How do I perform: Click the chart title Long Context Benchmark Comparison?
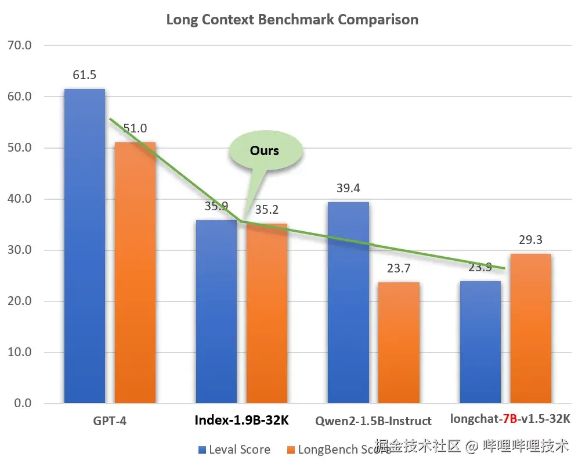tap(292, 19)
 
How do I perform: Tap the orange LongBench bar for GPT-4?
tap(135, 273)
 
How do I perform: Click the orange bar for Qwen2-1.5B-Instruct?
tap(399, 343)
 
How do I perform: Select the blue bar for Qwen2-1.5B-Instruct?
tap(348, 302)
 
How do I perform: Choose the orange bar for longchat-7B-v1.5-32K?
tap(531, 328)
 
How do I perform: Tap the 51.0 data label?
tap(135, 128)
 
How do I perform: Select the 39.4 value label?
tap(348, 188)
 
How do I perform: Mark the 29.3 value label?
tap(531, 240)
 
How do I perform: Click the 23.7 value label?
tap(399, 268)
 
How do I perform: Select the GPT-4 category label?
tap(110, 421)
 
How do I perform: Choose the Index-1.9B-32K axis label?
tap(241, 421)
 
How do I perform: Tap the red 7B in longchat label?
tap(510, 418)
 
